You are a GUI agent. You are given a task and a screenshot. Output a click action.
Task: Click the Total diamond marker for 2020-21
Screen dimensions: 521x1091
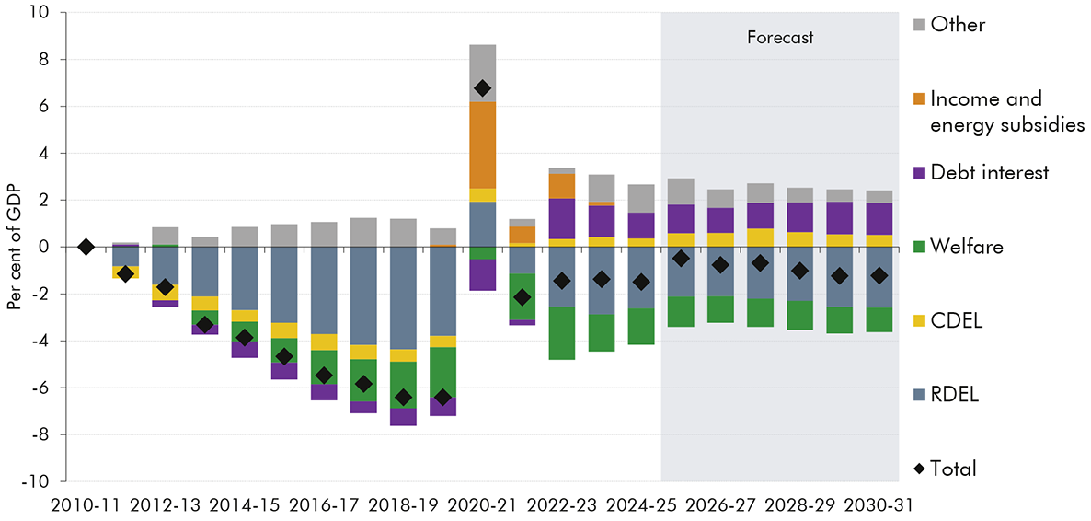(482, 88)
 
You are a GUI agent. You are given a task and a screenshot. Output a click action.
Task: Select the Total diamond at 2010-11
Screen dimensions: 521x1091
(86, 247)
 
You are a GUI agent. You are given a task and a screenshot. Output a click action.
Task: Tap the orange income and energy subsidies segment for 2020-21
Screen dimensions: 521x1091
(482, 145)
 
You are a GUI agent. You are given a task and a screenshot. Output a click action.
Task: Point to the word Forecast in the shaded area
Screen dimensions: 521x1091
(779, 38)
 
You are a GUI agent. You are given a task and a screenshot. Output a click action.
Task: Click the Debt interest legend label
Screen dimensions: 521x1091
(989, 172)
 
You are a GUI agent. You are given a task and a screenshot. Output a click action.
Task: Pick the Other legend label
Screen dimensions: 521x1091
(958, 25)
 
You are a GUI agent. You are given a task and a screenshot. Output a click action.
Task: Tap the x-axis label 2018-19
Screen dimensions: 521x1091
(403, 504)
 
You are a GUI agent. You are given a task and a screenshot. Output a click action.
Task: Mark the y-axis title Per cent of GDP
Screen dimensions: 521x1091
(16, 247)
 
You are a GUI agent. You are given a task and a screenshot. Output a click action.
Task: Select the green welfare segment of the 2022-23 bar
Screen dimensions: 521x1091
(561, 332)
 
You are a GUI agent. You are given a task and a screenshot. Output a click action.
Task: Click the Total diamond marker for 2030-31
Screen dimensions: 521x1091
(879, 276)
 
